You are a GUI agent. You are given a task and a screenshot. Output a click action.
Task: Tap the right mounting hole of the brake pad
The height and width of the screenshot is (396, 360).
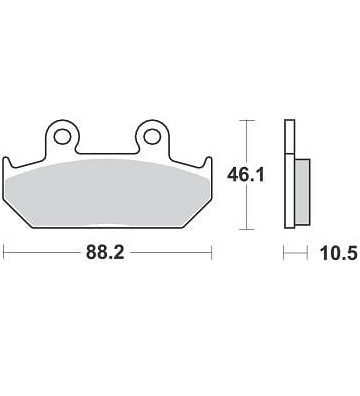coord(152,133)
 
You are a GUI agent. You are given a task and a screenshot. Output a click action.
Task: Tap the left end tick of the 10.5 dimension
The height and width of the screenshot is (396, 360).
coord(285,255)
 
